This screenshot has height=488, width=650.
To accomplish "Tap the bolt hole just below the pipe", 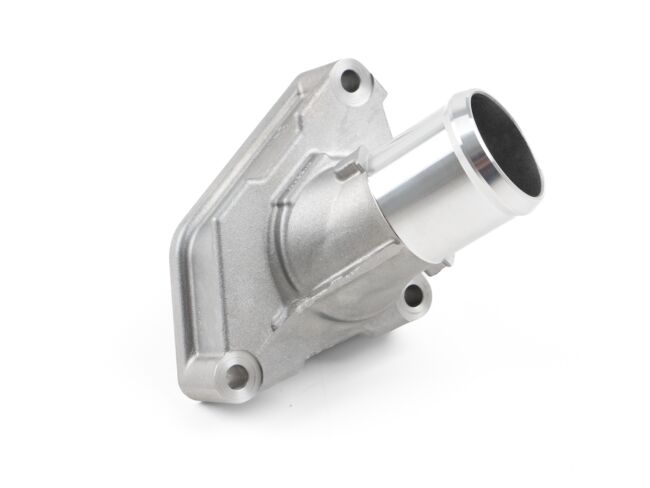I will [411, 295].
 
